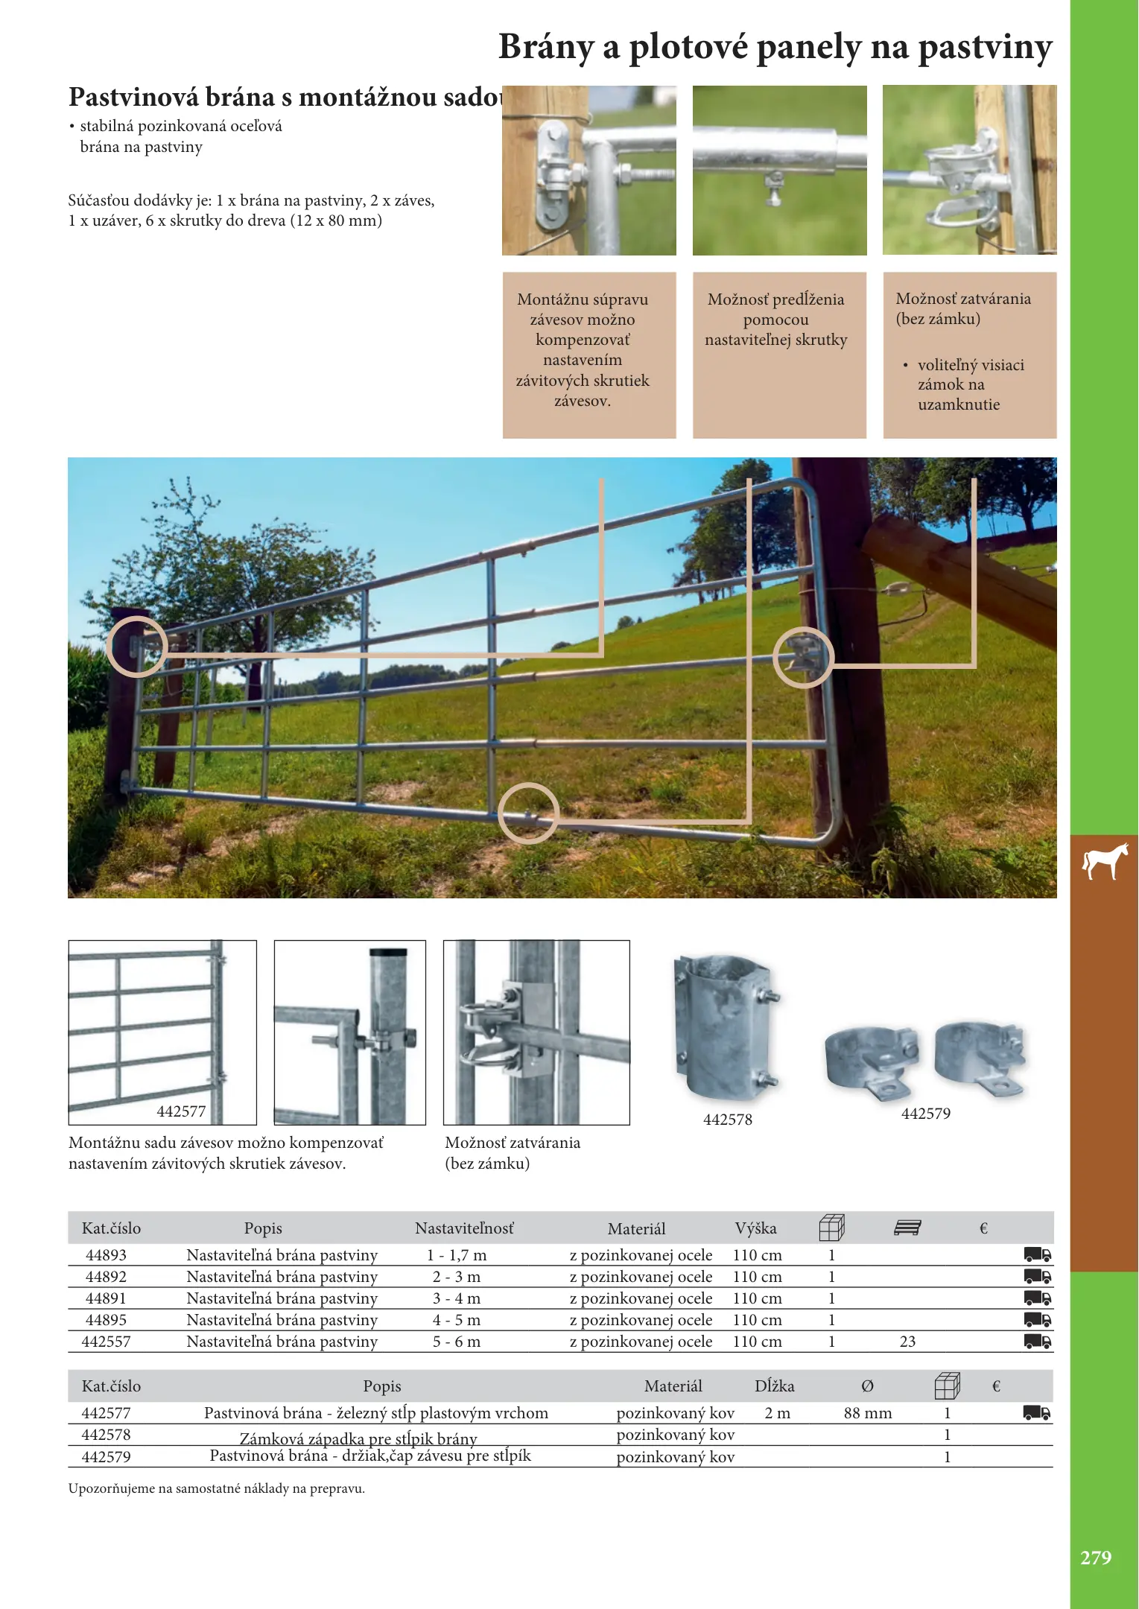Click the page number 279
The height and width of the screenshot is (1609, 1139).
tap(1096, 1558)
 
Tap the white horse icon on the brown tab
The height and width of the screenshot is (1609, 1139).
tap(1105, 862)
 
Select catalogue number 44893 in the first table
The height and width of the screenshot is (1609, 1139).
tap(106, 1255)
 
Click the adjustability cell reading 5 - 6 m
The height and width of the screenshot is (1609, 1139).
tap(457, 1342)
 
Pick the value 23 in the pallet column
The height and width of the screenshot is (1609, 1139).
tap(907, 1342)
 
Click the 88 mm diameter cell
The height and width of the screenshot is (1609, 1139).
tap(868, 1413)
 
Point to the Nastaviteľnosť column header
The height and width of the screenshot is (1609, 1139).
tap(464, 1228)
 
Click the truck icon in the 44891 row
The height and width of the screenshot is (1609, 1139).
tap(1038, 1298)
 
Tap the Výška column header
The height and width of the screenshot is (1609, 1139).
tap(755, 1228)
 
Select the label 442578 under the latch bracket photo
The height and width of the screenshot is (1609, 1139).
tap(728, 1120)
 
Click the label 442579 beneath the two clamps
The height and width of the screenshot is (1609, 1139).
tap(926, 1114)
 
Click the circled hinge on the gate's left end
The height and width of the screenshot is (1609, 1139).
tap(137, 647)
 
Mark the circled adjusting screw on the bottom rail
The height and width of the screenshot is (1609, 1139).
tap(528, 813)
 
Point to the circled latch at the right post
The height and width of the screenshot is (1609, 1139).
tap(803, 658)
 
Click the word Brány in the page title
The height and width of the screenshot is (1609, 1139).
tap(546, 47)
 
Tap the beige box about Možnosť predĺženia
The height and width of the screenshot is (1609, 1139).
tap(779, 355)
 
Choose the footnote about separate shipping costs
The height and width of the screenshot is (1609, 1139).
tap(217, 1489)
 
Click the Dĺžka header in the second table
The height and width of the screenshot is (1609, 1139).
tap(775, 1386)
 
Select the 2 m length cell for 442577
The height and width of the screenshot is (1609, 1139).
tap(778, 1413)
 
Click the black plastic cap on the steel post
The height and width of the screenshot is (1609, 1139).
tap(389, 952)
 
